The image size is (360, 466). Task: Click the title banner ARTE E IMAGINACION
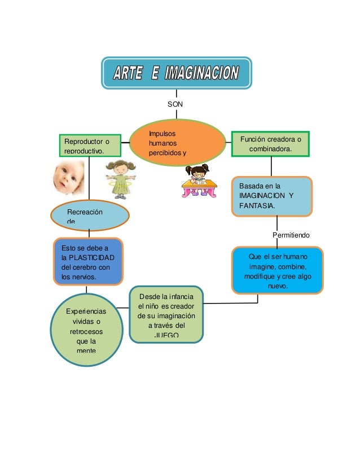pyautogui.click(x=177, y=73)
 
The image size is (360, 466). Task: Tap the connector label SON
pyautogui.click(x=176, y=104)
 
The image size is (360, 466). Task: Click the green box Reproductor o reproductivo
pyautogui.click(x=90, y=145)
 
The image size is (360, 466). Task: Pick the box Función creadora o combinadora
pyautogui.click(x=271, y=144)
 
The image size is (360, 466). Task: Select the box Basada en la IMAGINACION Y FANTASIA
pyautogui.click(x=272, y=196)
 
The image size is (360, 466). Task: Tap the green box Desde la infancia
pyautogui.click(x=166, y=315)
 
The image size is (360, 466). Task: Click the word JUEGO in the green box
pyautogui.click(x=166, y=336)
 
